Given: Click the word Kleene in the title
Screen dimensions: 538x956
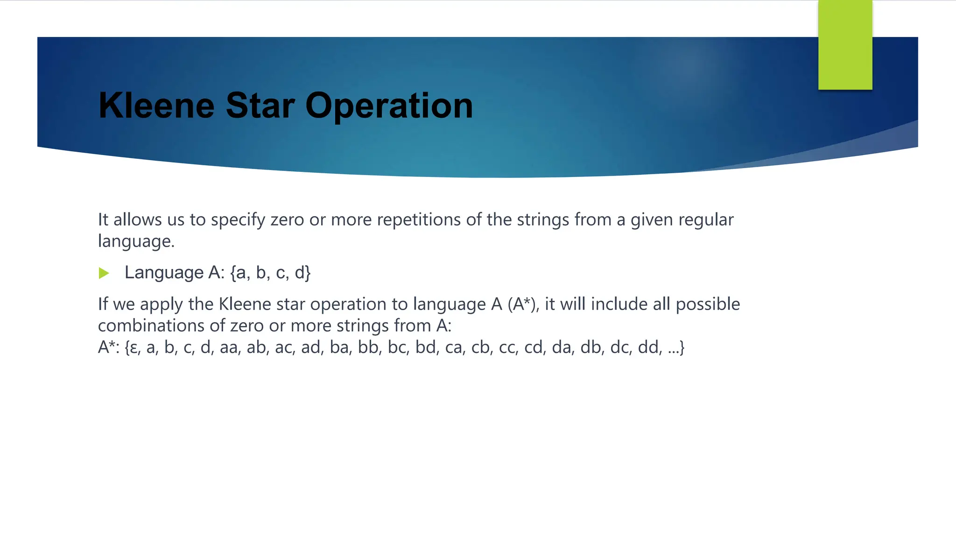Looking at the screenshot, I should coord(156,106).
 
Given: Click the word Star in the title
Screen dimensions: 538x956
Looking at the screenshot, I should coord(260,106).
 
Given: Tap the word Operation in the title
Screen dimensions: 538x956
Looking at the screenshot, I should coord(389,106).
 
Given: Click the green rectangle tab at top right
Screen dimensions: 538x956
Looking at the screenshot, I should coord(845,45).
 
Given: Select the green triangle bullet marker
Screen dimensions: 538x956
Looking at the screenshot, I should coord(104,273).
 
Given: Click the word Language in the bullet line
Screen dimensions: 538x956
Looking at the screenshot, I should coord(164,272).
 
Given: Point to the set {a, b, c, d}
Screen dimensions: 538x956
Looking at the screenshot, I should coord(270,272).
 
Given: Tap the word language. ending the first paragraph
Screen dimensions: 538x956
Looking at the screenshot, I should coord(136,241).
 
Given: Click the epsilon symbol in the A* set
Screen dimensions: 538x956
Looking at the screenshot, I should coord(134,347).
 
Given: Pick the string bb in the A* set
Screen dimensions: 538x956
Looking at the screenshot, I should coord(368,347).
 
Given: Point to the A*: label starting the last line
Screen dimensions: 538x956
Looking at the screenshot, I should coord(109,347).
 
